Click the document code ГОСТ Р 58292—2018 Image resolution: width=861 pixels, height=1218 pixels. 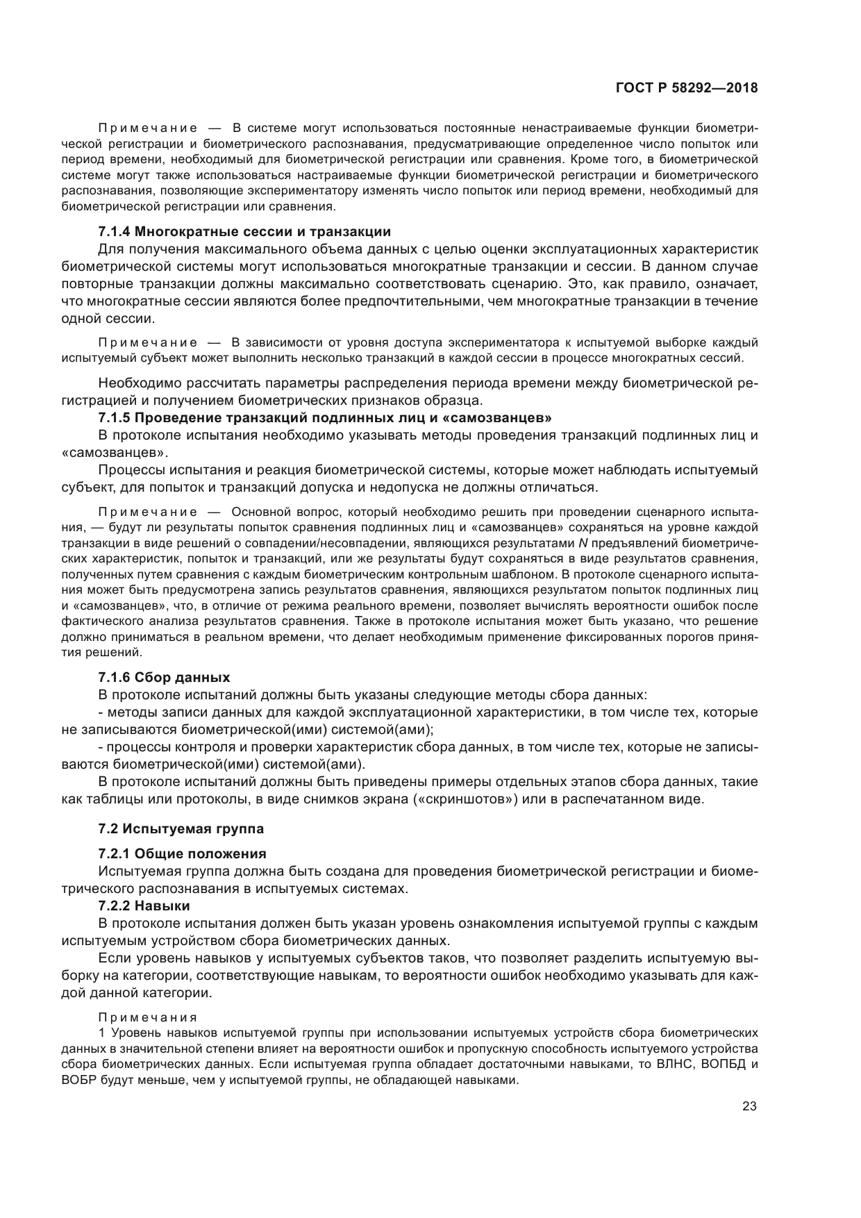click(x=686, y=88)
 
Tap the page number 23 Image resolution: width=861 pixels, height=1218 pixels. click(x=749, y=1107)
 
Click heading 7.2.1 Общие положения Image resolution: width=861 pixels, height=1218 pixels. click(x=182, y=853)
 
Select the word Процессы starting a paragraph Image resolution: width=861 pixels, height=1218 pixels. click(x=130, y=470)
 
